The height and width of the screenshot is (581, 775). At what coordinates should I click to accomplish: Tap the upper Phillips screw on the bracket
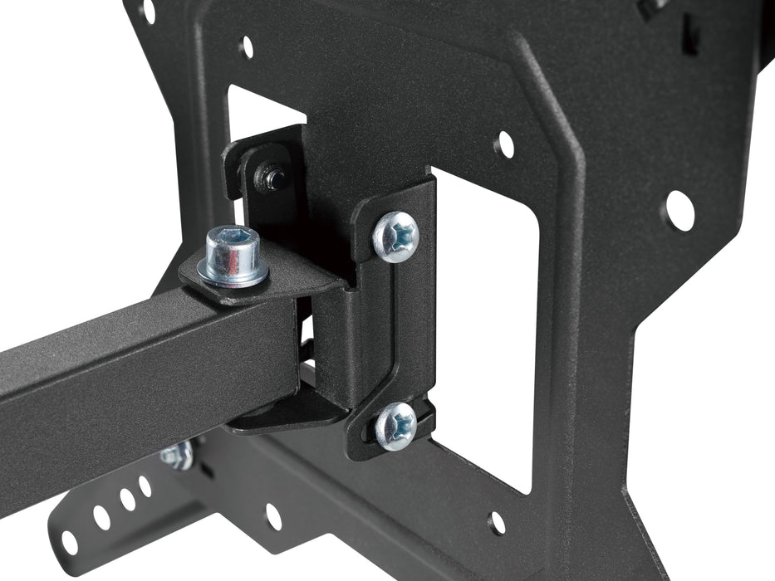(x=396, y=237)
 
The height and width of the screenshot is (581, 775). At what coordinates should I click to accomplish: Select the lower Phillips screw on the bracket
(x=395, y=425)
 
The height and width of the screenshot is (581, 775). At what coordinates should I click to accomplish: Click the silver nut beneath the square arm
(x=178, y=454)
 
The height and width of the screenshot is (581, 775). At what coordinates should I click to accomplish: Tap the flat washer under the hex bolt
(x=233, y=272)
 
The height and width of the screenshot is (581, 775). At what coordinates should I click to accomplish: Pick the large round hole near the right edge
(x=679, y=211)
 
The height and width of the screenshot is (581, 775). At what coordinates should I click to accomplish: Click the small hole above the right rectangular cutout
(x=503, y=145)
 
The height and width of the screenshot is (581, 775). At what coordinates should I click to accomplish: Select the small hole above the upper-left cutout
(x=246, y=46)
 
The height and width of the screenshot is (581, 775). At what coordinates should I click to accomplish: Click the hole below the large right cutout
(x=497, y=522)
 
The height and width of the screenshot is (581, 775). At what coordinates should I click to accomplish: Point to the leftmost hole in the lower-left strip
(x=69, y=542)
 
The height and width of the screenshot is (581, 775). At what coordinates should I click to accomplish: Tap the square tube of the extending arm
(x=125, y=365)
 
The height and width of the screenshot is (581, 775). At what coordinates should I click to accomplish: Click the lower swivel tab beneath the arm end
(x=282, y=415)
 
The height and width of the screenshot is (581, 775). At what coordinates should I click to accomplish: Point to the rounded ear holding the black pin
(x=258, y=166)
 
